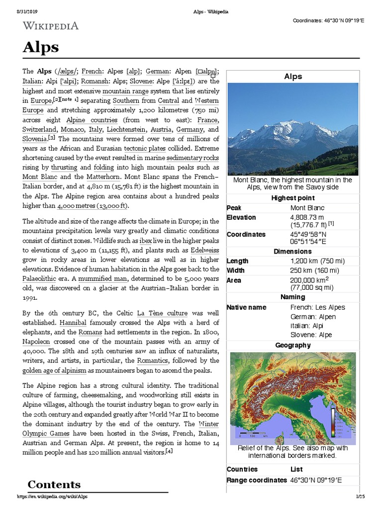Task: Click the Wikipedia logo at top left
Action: tap(50, 25)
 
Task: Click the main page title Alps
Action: tap(41, 48)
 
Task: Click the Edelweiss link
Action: tap(201, 250)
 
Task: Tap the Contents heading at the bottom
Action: tap(54, 484)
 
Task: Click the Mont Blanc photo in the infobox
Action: tap(292, 129)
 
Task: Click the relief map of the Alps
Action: tap(292, 398)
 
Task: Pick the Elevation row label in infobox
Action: tap(241, 217)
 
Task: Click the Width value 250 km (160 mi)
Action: tap(314, 270)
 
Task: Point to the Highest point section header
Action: tap(292, 198)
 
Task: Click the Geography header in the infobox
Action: tap(292, 345)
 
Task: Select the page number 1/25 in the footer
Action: tap(360, 497)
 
